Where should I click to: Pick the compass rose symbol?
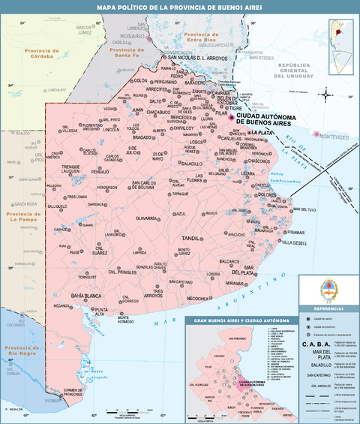coord(328,95)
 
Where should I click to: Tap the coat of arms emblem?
coord(328,290)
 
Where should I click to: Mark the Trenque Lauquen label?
coord(75,169)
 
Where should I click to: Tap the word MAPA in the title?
coord(107,8)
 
